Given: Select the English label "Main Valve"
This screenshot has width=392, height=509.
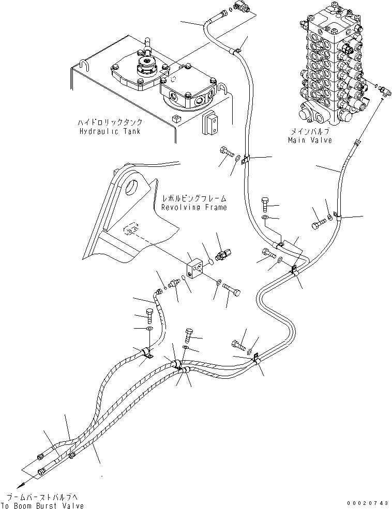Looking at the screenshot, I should point(310,140).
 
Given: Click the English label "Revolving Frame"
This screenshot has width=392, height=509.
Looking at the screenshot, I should point(193,207).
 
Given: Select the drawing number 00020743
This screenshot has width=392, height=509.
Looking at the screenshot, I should point(367,503).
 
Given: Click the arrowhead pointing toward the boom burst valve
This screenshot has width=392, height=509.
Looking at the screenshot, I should point(19,485).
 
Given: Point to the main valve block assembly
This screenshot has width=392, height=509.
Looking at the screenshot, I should point(331,67).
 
